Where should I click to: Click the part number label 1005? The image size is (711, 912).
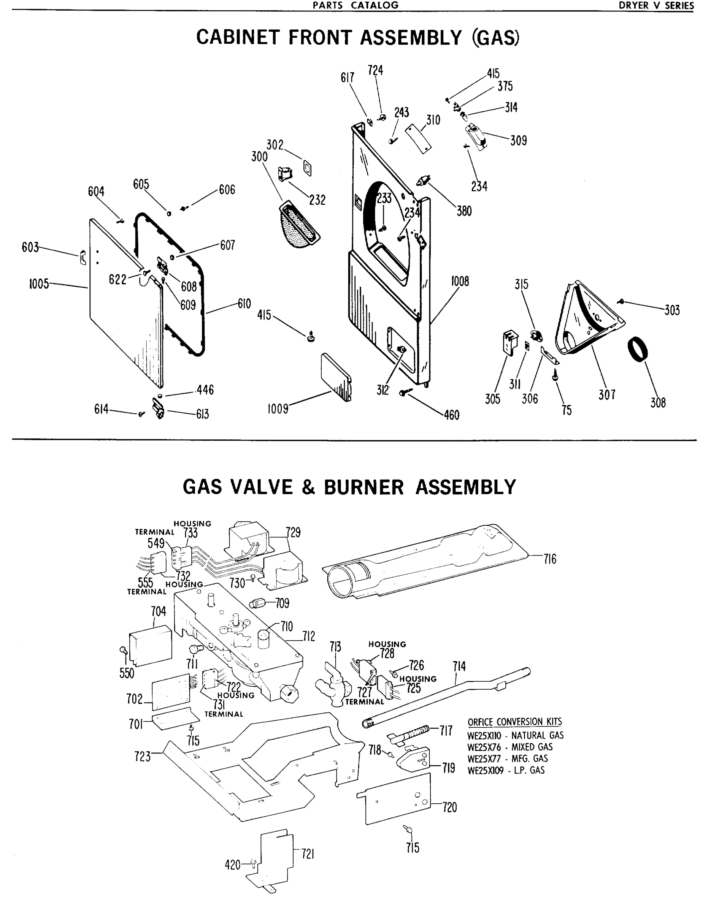(x=38, y=284)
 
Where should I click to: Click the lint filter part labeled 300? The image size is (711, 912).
(x=299, y=225)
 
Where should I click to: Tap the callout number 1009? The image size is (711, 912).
(x=278, y=409)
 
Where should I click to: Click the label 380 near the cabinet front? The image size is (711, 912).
(x=464, y=211)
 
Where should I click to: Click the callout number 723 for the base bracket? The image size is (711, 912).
(x=142, y=757)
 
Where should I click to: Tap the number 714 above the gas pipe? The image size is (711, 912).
(x=459, y=667)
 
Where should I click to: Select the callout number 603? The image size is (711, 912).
(x=30, y=248)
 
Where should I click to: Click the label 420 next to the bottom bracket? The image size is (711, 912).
(x=232, y=865)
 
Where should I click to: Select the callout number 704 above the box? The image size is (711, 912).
(x=158, y=611)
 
